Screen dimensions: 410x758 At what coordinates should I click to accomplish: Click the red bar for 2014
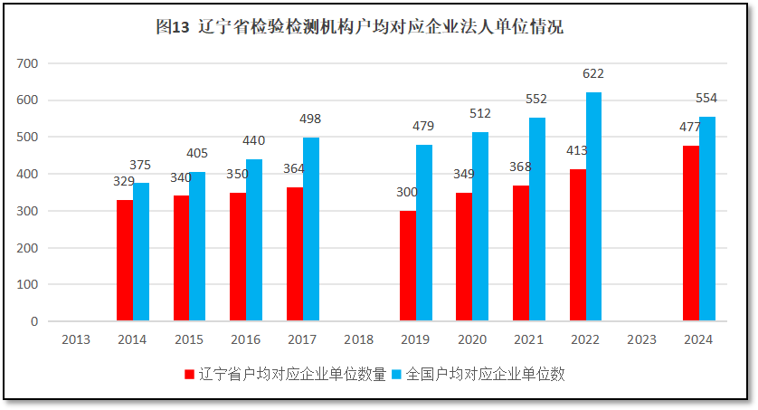pyautogui.click(x=125, y=261)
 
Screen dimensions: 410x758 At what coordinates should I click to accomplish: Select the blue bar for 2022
pyautogui.click(x=593, y=206)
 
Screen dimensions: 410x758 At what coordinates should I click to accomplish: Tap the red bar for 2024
pyautogui.click(x=691, y=234)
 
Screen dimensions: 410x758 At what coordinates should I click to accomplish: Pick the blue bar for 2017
pyautogui.click(x=311, y=229)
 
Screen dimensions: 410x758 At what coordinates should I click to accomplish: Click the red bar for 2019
pyautogui.click(x=408, y=266)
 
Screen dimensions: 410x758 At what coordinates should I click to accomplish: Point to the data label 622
pyautogui.click(x=593, y=74)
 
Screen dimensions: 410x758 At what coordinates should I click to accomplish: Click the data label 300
pyautogui.click(x=408, y=193)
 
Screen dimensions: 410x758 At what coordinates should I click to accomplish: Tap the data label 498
pyautogui.click(x=311, y=119)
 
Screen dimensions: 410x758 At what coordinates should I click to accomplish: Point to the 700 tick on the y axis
pyautogui.click(x=27, y=63)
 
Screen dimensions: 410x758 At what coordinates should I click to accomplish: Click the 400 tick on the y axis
pyautogui.click(x=27, y=174)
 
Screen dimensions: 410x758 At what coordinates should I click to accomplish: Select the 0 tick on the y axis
pyautogui.click(x=34, y=321)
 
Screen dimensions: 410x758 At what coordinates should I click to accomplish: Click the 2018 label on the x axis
pyautogui.click(x=359, y=339)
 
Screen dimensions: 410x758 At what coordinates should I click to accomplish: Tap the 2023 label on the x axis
pyautogui.click(x=642, y=339)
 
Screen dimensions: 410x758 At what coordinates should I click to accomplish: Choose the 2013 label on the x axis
pyautogui.click(x=76, y=339)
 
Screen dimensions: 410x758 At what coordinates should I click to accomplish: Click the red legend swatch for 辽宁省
pyautogui.click(x=189, y=374)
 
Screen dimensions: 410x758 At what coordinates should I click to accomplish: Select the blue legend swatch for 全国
pyautogui.click(x=398, y=374)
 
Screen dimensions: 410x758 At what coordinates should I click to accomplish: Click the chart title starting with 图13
pyautogui.click(x=359, y=27)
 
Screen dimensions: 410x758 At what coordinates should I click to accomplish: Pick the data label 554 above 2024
pyautogui.click(x=706, y=98)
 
